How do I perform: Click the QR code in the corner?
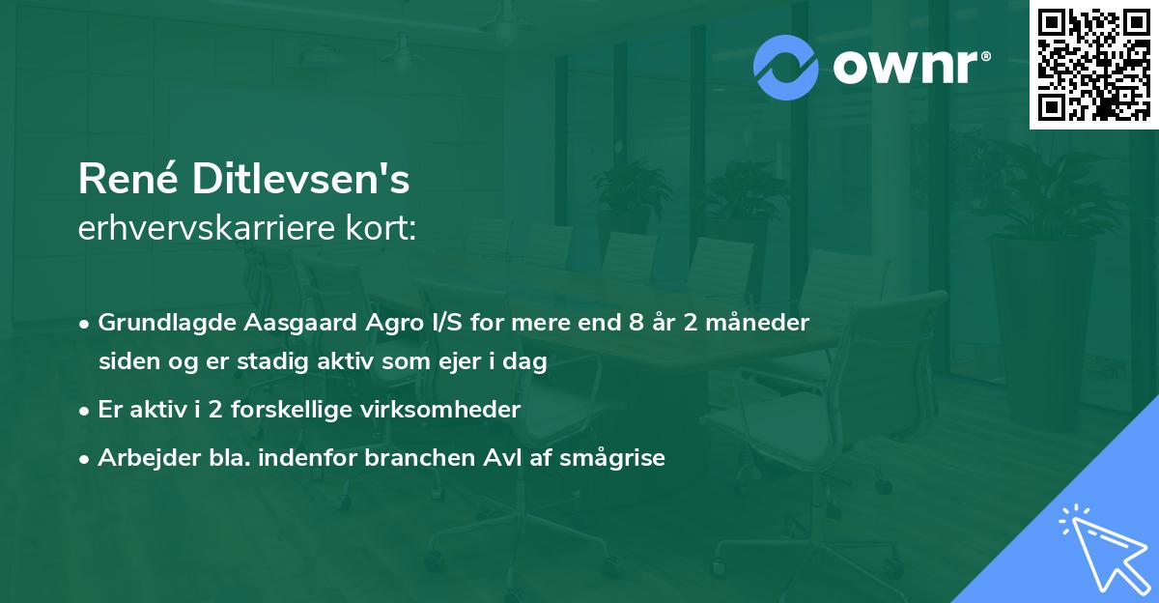[x=1094, y=65]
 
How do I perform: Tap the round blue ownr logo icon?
[x=785, y=67]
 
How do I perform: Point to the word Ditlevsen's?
[x=301, y=181]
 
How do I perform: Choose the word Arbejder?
[x=143, y=458]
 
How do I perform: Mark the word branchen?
[x=412, y=458]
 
